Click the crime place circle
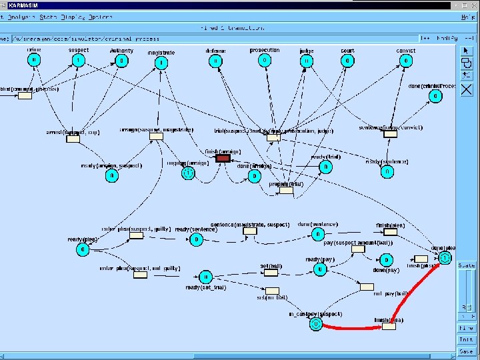click(34, 60)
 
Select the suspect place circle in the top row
click(79, 60)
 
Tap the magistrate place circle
click(161, 63)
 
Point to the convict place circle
click(405, 60)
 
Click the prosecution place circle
click(265, 60)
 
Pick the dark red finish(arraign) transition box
click(223, 158)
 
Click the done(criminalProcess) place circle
click(435, 96)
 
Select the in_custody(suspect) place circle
click(315, 324)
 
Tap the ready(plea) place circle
click(83, 249)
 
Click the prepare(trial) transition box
click(286, 191)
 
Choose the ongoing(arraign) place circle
click(189, 173)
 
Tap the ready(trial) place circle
click(325, 166)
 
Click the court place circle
click(347, 60)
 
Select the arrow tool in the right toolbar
click(467, 50)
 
